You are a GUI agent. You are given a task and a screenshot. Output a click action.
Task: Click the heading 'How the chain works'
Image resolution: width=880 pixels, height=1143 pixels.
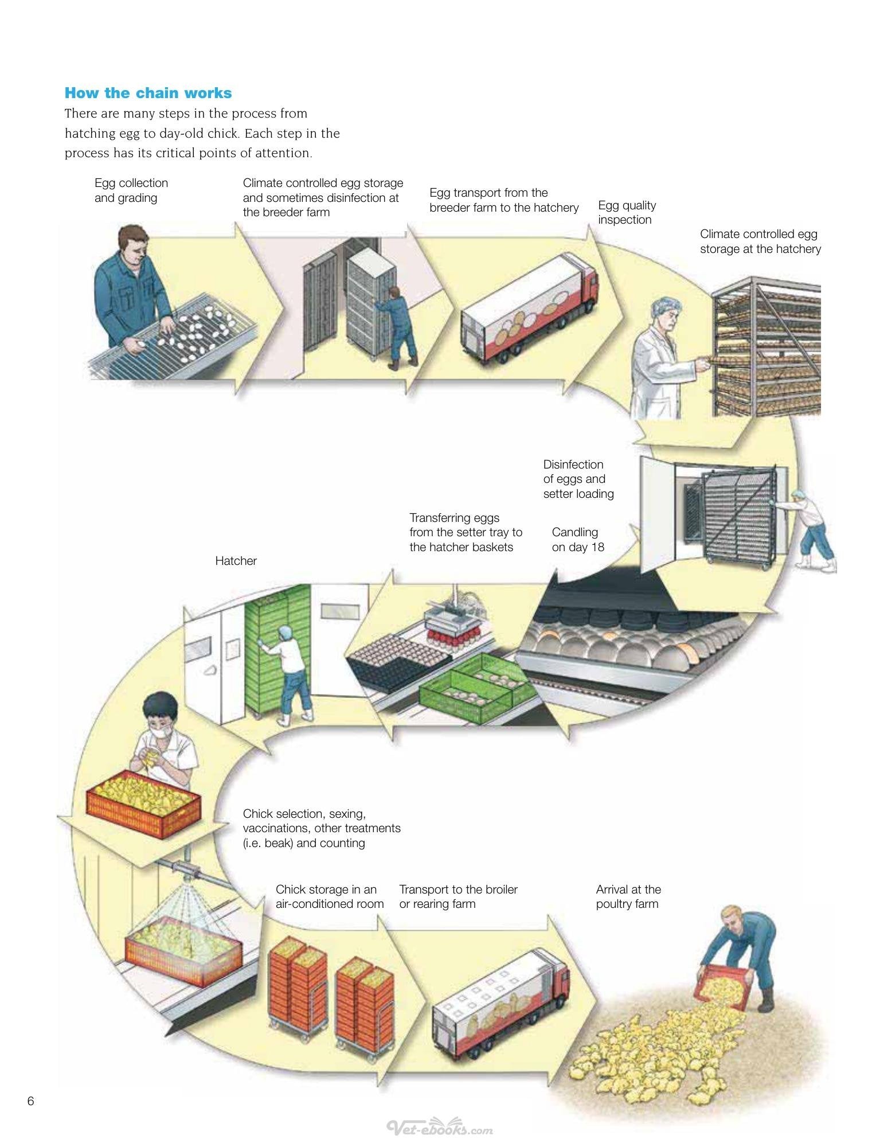(x=148, y=93)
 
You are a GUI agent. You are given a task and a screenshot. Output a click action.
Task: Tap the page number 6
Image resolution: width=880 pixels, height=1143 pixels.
(x=30, y=1101)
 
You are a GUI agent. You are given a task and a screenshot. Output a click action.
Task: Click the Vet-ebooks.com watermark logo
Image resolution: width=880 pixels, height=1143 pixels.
(x=440, y=1126)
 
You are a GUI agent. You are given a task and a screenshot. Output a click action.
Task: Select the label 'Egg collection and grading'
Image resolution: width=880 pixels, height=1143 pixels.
(x=131, y=190)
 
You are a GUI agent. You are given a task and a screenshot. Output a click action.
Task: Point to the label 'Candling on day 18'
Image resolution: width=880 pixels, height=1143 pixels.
(x=578, y=540)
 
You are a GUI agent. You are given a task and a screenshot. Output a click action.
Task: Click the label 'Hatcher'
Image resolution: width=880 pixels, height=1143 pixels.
(x=236, y=561)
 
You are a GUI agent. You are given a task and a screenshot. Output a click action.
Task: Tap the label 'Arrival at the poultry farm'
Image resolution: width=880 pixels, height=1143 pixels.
(x=628, y=896)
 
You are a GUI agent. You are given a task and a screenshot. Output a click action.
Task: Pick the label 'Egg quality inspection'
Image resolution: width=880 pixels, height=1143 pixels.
(x=627, y=212)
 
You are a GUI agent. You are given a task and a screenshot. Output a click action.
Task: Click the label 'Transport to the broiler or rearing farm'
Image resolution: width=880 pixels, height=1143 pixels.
(x=458, y=896)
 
